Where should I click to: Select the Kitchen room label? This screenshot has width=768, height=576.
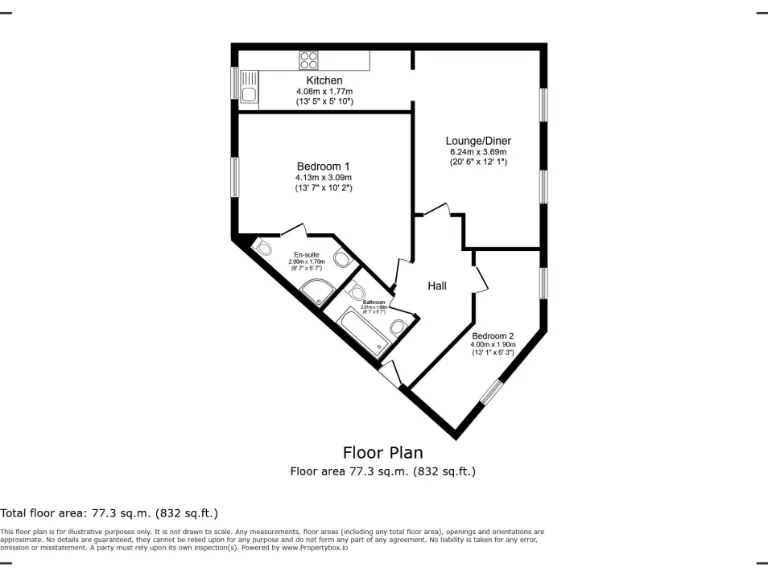click(x=324, y=80)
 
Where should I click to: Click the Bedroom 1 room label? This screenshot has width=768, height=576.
click(x=323, y=166)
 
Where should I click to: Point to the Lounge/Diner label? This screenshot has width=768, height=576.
click(x=478, y=141)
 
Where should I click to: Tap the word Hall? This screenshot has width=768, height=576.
click(x=437, y=286)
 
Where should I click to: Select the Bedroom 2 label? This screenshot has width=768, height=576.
click(x=493, y=335)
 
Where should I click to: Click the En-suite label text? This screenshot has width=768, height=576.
click(x=307, y=254)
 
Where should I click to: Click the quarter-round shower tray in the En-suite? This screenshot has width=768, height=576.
click(x=319, y=291)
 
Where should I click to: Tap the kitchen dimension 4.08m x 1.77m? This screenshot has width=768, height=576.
click(x=324, y=91)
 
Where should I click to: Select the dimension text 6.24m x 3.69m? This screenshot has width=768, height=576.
click(x=478, y=152)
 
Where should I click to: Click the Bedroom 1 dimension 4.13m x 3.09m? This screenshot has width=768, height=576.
click(x=323, y=177)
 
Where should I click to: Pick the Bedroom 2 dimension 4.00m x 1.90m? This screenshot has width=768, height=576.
click(x=493, y=344)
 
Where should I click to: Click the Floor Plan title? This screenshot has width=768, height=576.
click(x=382, y=452)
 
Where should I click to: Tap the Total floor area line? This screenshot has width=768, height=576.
click(x=109, y=512)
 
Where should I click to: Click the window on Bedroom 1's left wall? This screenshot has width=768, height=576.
click(x=235, y=177)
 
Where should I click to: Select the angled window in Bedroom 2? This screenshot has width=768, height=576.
click(x=490, y=391)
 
